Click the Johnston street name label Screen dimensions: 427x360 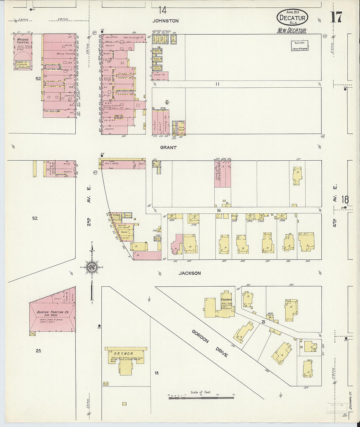point(166,21)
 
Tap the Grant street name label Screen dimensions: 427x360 point(168,148)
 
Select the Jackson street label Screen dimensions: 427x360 point(189,273)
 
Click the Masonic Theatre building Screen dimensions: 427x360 point(23,51)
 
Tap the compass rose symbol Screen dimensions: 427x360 point(92,267)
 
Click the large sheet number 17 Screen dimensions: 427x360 point(336,17)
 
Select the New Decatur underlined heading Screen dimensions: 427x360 point(292,30)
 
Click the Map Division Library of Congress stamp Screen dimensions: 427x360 point(300,45)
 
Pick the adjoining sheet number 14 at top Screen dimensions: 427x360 point(163,10)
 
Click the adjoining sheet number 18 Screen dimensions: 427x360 point(345,199)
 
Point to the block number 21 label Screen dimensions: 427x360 point(263,322)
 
